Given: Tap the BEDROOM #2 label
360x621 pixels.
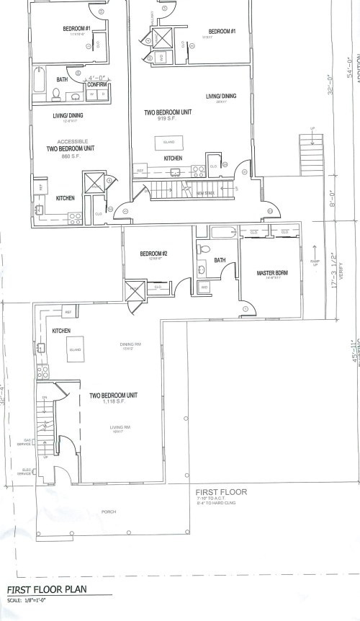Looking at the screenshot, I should pos(153,254).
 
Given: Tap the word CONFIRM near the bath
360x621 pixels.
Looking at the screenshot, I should pos(97,84).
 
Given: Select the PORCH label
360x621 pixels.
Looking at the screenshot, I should pos(109,512).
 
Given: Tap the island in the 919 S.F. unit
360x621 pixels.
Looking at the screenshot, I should pos(170,140).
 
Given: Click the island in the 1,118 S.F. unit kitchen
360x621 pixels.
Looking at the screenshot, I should pos(74,350).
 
